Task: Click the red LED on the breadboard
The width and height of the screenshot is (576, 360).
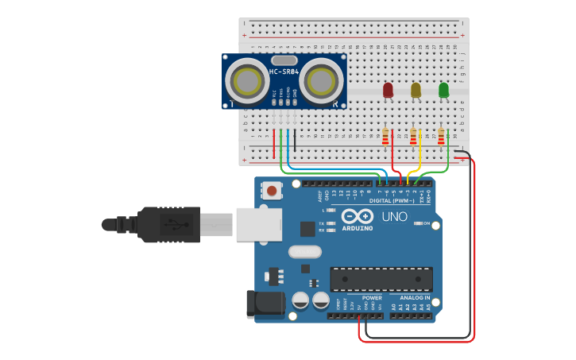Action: pyautogui.click(x=388, y=91)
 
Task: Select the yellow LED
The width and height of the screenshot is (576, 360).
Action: pyautogui.click(x=416, y=91)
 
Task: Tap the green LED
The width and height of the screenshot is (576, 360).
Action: pyautogui.click(x=443, y=91)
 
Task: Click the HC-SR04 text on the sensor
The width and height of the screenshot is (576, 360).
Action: pyautogui.click(x=284, y=72)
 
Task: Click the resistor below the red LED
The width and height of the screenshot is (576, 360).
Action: pyautogui.click(x=385, y=137)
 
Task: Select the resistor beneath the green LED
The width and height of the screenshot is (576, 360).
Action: pyautogui.click(x=441, y=137)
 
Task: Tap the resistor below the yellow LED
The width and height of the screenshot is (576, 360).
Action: pyautogui.click(x=412, y=137)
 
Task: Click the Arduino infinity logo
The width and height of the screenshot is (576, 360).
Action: pyautogui.click(x=357, y=216)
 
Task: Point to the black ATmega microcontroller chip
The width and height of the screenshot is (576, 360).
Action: pyautogui.click(x=381, y=279)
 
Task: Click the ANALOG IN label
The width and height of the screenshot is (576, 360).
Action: pyautogui.click(x=409, y=298)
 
